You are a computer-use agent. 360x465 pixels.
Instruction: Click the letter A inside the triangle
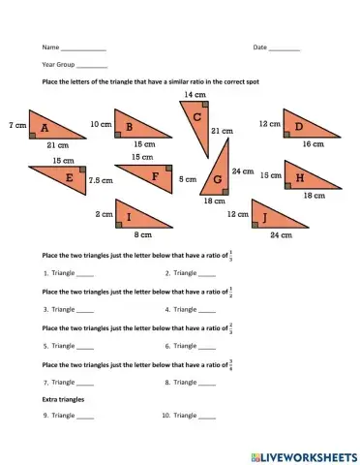45,125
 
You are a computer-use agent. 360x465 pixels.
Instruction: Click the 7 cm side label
16,126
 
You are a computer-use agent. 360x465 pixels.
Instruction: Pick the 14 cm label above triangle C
195,95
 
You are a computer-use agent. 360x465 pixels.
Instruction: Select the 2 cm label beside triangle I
103,213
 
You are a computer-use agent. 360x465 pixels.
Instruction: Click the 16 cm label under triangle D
313,143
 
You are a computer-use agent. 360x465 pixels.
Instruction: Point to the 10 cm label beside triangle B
100,125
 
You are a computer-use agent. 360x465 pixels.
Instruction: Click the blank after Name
83,48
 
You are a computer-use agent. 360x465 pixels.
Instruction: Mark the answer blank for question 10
207,418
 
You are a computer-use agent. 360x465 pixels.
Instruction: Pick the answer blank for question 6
207,346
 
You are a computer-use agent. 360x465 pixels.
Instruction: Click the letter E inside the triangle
69,178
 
